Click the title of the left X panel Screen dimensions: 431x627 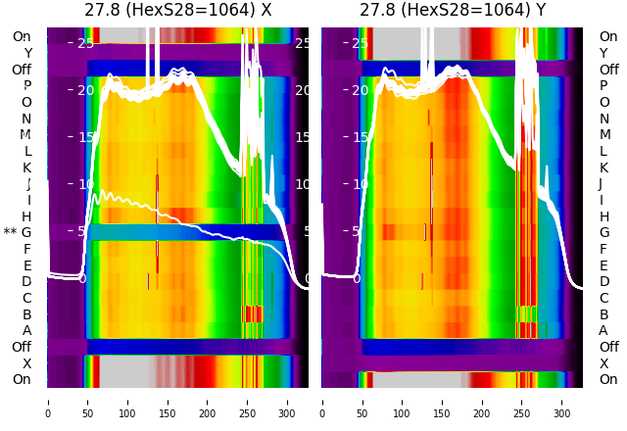tap(177, 11)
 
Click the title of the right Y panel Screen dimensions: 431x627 tap(453, 11)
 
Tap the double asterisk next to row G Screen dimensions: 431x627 tap(11, 233)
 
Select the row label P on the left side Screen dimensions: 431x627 tap(27, 86)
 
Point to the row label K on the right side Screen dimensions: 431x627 tap(603, 168)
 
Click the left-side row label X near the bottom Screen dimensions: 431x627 tap(27, 363)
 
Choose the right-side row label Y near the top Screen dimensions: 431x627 tap(603, 53)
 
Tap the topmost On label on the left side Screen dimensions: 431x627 tap(22, 36)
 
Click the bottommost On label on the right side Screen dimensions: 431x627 tap(608, 380)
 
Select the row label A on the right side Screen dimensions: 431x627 tap(603, 331)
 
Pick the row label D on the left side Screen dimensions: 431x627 tap(26, 282)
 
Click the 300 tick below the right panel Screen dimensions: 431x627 tap(562, 403)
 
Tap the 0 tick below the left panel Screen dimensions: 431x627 tap(47, 403)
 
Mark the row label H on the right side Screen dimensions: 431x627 tap(603, 216)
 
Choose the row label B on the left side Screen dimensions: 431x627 tap(27, 314)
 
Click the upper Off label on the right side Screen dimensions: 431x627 tap(608, 70)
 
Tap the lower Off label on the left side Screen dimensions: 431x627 tap(22, 347)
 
